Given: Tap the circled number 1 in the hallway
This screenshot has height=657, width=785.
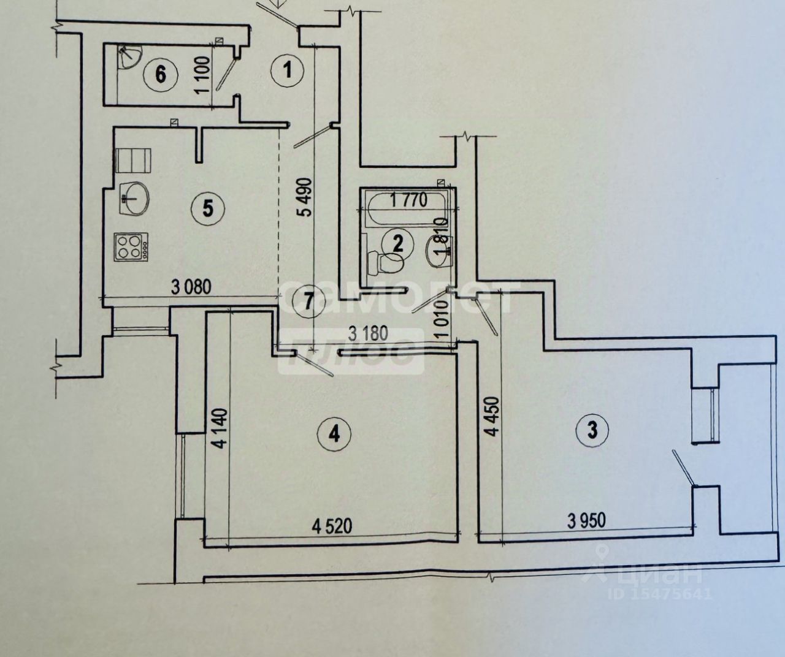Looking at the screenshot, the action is point(288,71).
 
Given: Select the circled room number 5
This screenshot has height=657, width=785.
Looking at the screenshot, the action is point(208,209).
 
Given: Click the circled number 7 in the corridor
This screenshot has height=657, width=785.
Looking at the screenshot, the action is point(307,301).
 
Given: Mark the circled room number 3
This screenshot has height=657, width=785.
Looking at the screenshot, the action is point(592,430).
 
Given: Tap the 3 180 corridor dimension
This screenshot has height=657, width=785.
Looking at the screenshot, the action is point(368,334).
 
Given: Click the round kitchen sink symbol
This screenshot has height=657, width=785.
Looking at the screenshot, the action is point(134,198).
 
